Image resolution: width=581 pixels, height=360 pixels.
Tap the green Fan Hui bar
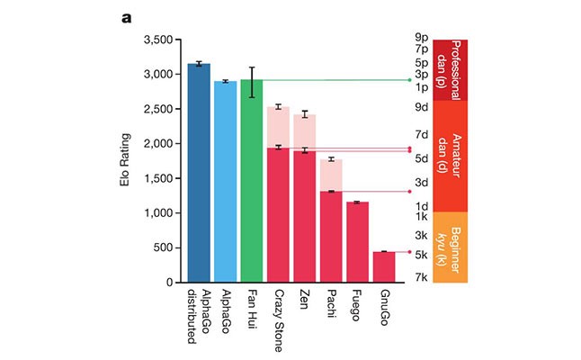[x=252, y=181]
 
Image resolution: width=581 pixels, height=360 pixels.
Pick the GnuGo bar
[x=384, y=266]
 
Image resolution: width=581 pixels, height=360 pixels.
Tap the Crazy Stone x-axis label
[x=279, y=314]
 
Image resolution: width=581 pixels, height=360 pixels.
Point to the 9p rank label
[x=420, y=38]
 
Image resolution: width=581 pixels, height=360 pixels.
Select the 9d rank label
[x=420, y=106]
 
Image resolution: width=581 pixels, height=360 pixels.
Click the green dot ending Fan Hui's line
[x=409, y=80]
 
